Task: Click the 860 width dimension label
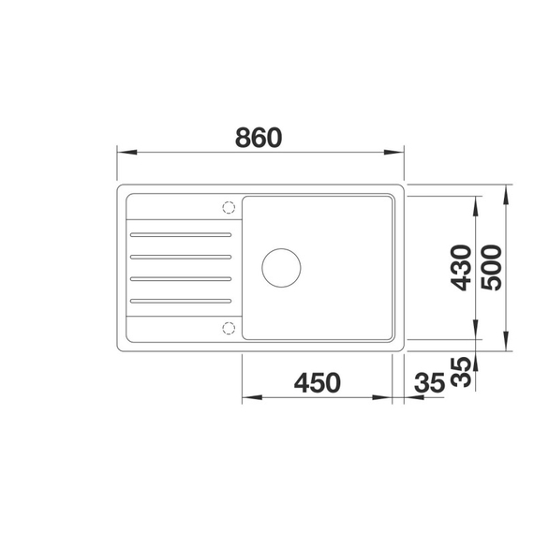tap(259, 138)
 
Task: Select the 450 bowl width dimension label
tap(318, 383)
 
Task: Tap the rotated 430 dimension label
tap(460, 268)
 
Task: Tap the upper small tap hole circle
tap(227, 207)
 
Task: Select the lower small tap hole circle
tap(227, 326)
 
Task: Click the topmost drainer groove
tap(180, 233)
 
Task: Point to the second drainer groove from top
tap(180, 256)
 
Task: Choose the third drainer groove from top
tap(180, 278)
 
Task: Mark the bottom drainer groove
tap(180, 301)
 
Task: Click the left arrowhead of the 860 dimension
tap(122, 153)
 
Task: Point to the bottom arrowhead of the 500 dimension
tap(506, 347)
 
